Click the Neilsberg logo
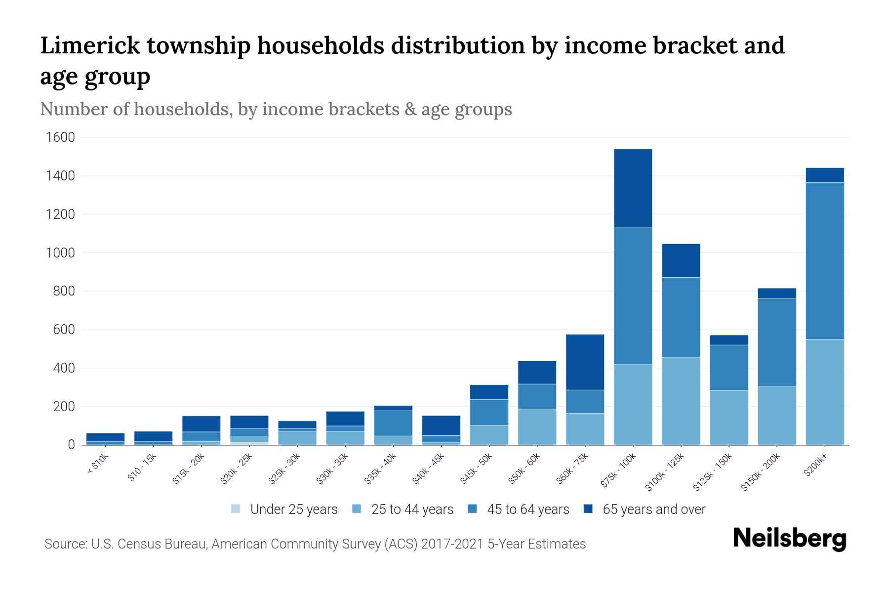tap(789, 538)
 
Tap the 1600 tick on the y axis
tap(60, 137)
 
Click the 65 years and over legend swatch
tap(588, 509)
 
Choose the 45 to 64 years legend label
tap(528, 509)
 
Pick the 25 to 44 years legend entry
tap(412, 509)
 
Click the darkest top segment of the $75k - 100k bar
tap(633, 188)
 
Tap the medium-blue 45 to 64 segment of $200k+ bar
tap(825, 260)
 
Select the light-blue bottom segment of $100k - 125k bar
tap(681, 400)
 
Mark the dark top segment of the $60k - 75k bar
tap(585, 362)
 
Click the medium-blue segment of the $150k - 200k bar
tap(777, 342)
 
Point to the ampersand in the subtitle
tap(410, 109)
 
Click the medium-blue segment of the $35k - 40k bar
tap(393, 423)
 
